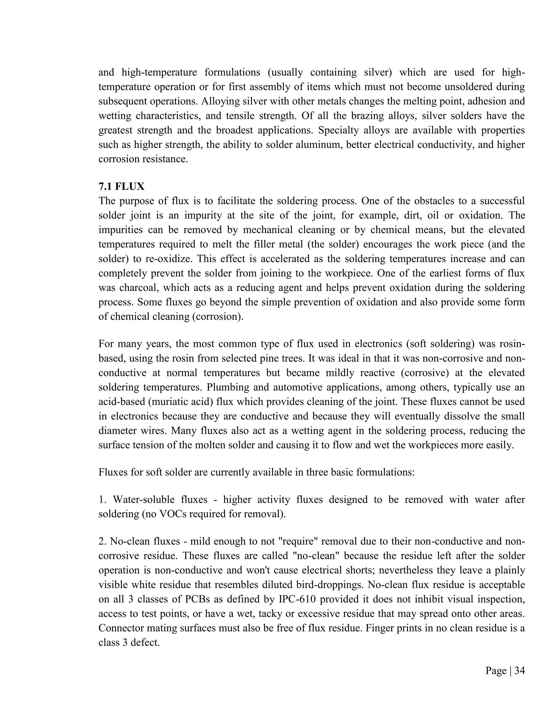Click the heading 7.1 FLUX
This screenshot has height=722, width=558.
coord(121,187)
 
